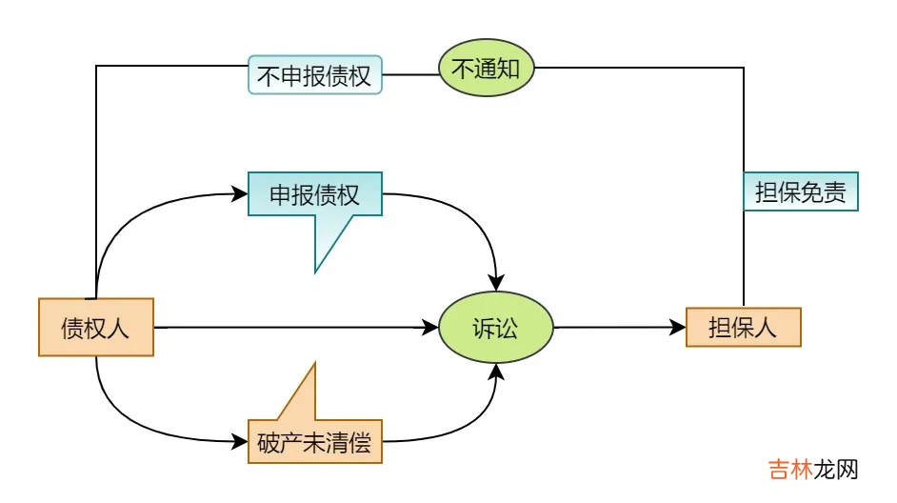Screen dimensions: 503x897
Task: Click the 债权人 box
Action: click(95, 328)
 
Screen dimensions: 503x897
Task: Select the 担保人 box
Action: click(743, 328)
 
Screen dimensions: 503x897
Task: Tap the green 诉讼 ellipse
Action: click(495, 328)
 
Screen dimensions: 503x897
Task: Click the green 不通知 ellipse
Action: click(486, 68)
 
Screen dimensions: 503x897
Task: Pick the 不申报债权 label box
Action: click(314, 75)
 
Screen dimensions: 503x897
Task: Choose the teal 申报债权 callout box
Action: click(314, 194)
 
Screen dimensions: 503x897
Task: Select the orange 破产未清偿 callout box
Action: click(314, 442)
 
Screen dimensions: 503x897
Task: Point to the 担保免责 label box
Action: click(800, 191)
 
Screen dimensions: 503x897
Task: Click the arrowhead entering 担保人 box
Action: click(677, 328)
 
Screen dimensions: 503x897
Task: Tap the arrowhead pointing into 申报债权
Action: click(239, 194)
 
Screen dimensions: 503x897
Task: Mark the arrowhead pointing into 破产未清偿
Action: click(239, 442)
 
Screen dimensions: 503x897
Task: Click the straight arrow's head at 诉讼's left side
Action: click(429, 328)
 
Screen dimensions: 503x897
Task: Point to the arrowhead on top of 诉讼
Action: click(495, 283)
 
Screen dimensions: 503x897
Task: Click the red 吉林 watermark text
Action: click(790, 470)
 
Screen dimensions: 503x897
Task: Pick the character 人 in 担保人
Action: click(766, 328)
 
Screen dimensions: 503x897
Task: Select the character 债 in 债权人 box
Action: click(72, 328)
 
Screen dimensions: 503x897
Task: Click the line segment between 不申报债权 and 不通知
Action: click(409, 74)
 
